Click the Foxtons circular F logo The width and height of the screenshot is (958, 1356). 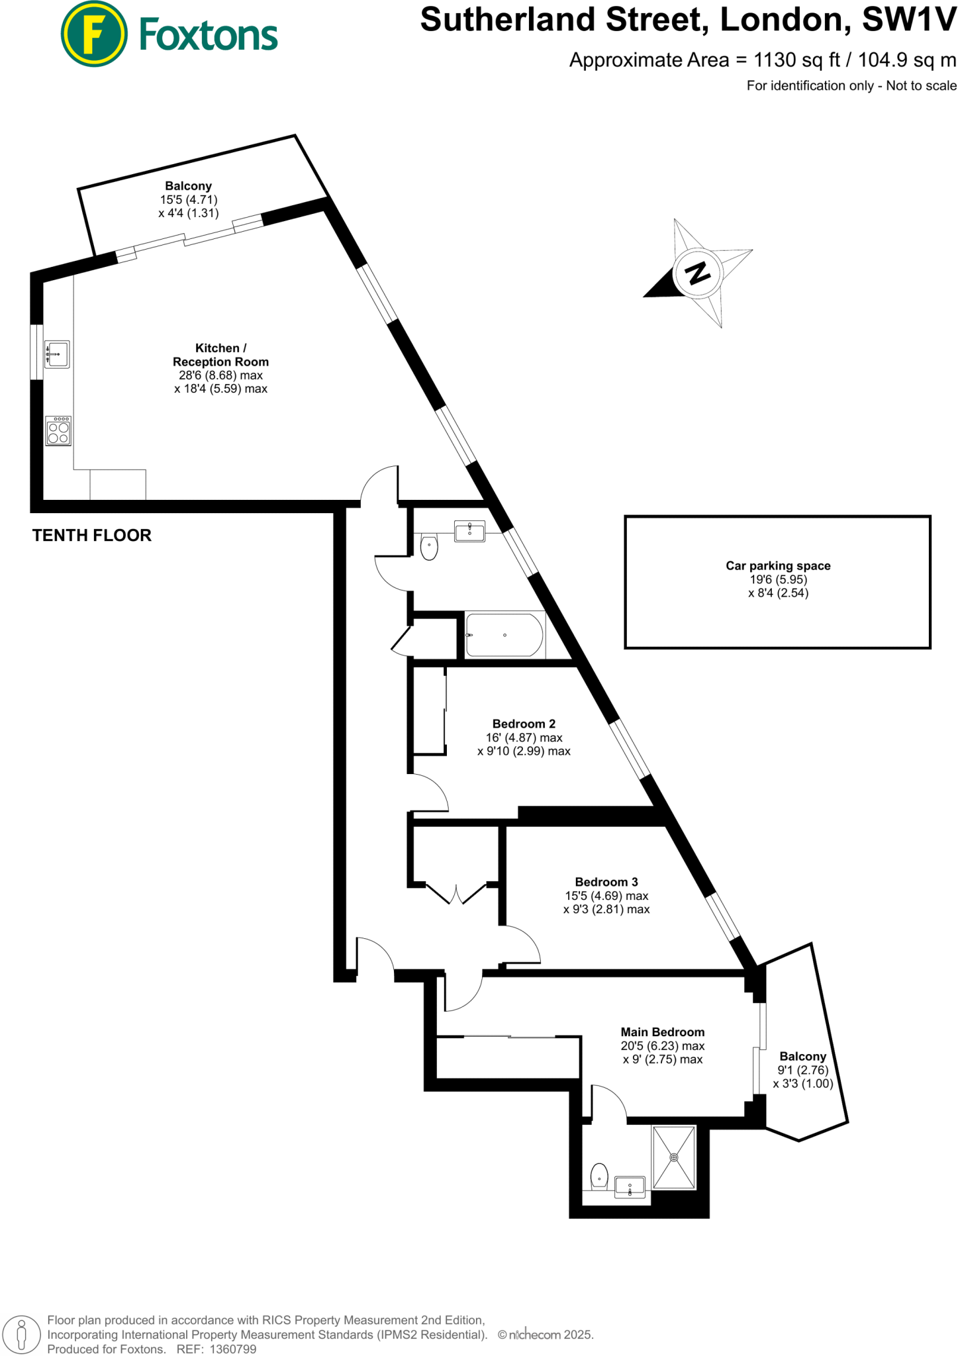[x=93, y=34]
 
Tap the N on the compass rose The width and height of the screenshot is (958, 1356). [x=697, y=272]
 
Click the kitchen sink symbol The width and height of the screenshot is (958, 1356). [x=58, y=354]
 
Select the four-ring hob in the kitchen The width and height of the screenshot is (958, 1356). [x=58, y=431]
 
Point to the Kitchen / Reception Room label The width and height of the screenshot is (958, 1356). [x=220, y=355]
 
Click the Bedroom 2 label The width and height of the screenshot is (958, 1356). [x=524, y=724]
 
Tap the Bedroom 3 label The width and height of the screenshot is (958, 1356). [x=606, y=882]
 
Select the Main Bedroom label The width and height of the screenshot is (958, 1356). [x=662, y=1032]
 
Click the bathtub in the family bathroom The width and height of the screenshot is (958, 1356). [x=504, y=635]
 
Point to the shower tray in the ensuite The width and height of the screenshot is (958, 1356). [x=674, y=1157]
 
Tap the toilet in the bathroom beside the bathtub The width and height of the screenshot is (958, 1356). [x=429, y=547]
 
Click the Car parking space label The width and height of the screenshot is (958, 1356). [x=778, y=565]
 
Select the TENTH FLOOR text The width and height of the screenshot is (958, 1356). [x=92, y=536]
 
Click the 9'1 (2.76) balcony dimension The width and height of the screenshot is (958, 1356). [x=802, y=1070]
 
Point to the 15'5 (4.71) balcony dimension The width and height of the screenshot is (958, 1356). [x=189, y=199]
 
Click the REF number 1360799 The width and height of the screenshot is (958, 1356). [x=232, y=1349]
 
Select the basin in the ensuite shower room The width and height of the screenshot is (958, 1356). [x=630, y=1187]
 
